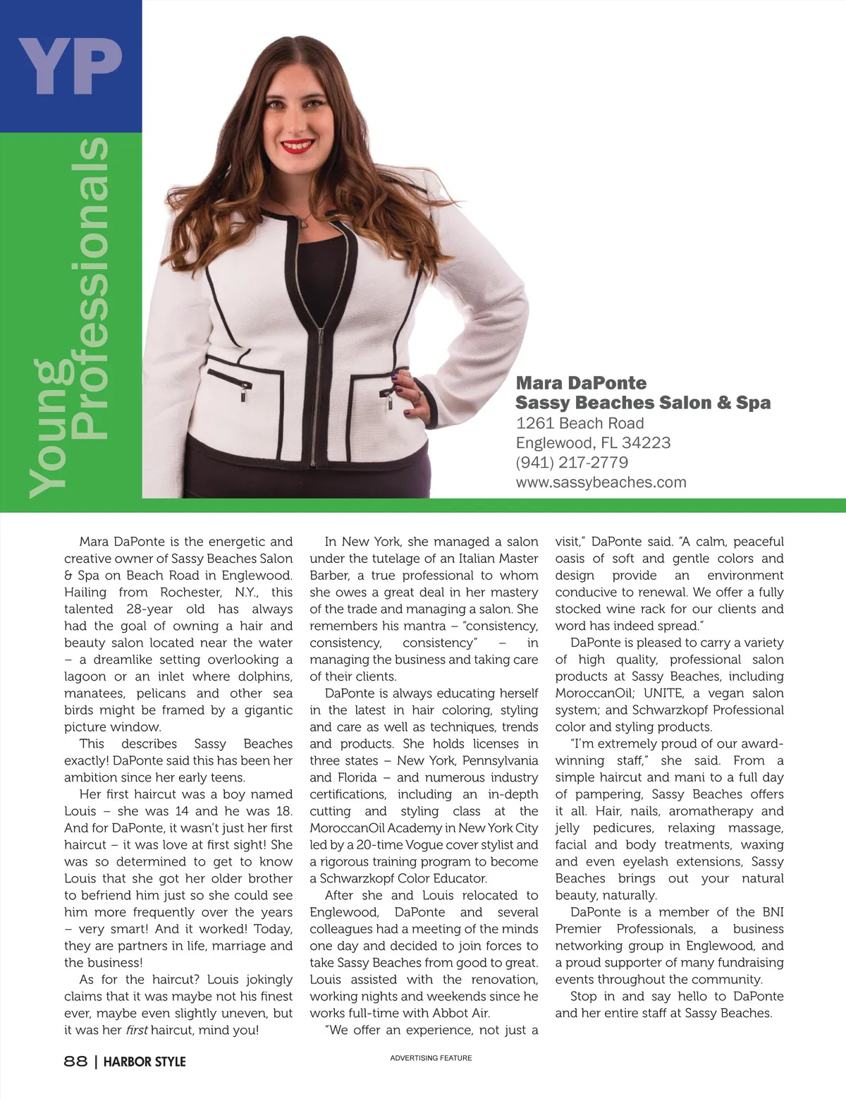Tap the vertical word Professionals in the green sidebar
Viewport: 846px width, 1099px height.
tap(91, 289)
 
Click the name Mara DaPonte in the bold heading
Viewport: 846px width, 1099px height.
tap(581, 383)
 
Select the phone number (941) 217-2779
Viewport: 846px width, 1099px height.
tap(572, 463)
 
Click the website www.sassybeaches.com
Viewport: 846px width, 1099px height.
tap(601, 482)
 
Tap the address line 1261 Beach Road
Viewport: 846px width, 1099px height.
tap(580, 423)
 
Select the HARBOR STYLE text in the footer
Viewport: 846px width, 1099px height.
tap(145, 1061)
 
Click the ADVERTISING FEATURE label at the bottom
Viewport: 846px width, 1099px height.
tap(431, 1058)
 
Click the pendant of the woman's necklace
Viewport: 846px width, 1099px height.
tap(305, 223)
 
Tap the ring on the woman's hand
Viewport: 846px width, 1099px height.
tap(417, 396)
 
